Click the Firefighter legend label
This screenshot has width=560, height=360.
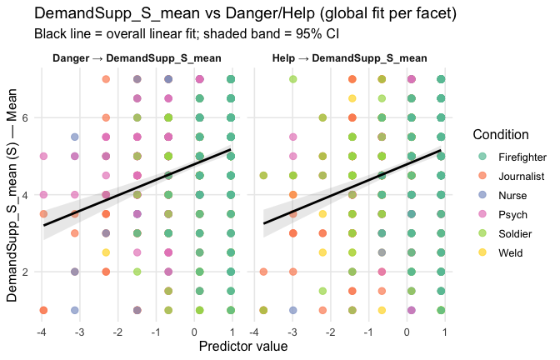pos(522,157)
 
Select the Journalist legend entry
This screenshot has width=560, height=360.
pos(521,176)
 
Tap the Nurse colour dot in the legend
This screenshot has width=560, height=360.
pos(482,195)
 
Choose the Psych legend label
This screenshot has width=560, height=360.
pos(512,214)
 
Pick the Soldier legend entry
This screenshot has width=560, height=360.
pos(516,233)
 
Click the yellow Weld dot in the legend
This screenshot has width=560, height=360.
pos(482,252)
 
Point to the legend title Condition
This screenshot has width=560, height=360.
pos(503,135)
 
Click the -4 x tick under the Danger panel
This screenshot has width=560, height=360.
pos(42,332)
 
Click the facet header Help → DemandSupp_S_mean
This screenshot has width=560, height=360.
pos(349,59)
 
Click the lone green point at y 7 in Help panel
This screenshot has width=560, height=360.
pos(292,79)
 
